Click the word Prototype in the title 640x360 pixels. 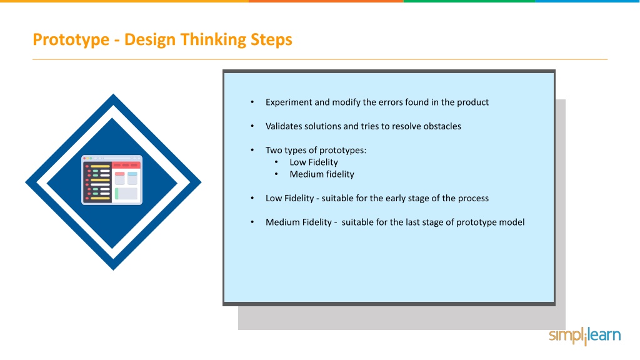(x=71, y=40)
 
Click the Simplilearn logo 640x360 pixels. (x=584, y=336)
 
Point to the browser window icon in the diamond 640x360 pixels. (x=112, y=180)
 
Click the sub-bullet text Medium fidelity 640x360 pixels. (x=322, y=174)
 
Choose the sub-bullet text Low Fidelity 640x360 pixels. (x=314, y=162)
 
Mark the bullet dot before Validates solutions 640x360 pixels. (x=252, y=126)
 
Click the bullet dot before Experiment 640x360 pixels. (x=252, y=102)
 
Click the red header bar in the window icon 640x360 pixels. (x=126, y=165)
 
